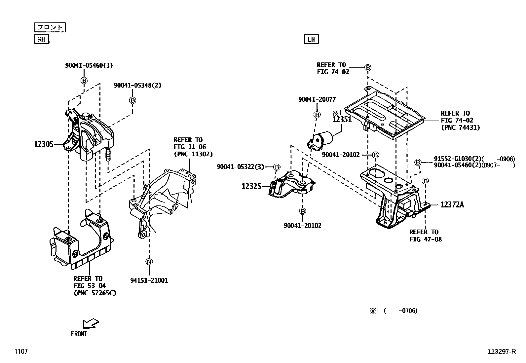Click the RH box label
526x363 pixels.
coord(41,40)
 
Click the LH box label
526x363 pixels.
coord(311,40)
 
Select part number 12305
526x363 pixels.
coord(44,144)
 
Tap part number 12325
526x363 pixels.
coord(251,186)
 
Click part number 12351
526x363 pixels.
coord(342,120)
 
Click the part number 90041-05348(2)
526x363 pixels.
coord(137,85)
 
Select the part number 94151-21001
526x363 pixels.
coord(149,280)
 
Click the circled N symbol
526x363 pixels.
coord(149,262)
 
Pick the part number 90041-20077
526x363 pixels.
coord(317,99)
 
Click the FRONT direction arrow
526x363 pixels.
coord(91,323)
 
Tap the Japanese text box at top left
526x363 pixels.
coord(50,27)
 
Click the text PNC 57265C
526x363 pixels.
coord(95,293)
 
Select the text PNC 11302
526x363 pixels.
coord(193,154)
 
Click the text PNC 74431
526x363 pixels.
coord(460,127)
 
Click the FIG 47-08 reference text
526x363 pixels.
coord(426,239)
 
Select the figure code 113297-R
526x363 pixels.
coord(501,352)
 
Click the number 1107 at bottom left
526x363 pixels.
coord(21,352)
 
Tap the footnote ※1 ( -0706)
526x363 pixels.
coord(393,311)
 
